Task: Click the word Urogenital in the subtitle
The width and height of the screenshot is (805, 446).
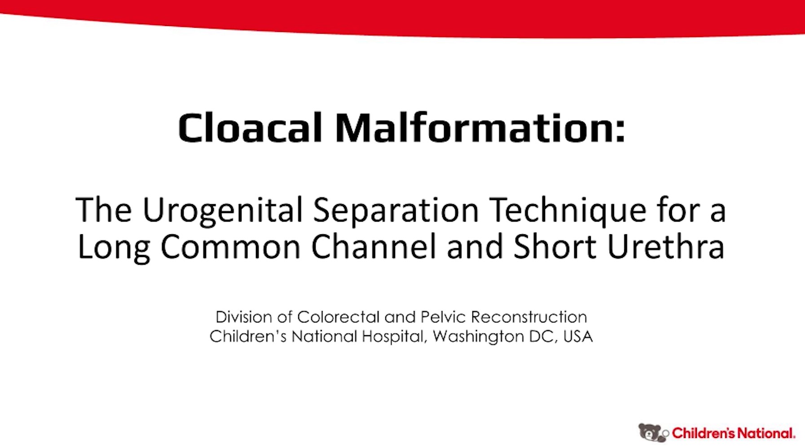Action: point(222,210)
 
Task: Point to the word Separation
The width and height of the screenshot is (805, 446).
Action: point(396,210)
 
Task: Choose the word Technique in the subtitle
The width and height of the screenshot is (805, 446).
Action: point(567,210)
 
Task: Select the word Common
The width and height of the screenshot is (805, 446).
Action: point(230,247)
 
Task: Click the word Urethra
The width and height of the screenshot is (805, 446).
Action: point(666,247)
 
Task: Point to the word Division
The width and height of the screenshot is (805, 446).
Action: point(243,317)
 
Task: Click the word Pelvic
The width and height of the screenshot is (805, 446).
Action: point(442,317)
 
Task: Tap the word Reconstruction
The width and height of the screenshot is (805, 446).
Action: point(528,317)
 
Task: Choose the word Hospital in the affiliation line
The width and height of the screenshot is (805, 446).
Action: point(394,337)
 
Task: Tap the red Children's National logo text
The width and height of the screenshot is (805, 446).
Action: point(733,433)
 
